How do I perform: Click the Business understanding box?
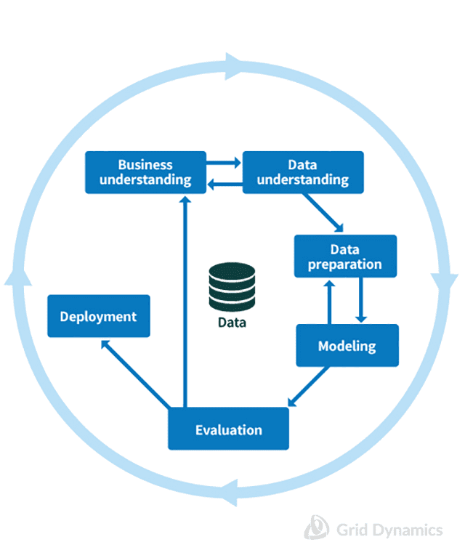pos(145,172)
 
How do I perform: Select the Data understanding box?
pos(302,172)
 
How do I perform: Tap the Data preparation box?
pos(345,256)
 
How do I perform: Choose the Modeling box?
pos(347,345)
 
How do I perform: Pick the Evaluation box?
pos(228,429)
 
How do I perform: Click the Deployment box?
pos(98,316)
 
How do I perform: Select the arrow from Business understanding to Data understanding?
pos(224,163)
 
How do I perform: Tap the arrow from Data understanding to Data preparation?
pos(323,211)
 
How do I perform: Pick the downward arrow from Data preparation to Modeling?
pos(360,299)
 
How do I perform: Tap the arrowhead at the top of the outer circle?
pos(234,66)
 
